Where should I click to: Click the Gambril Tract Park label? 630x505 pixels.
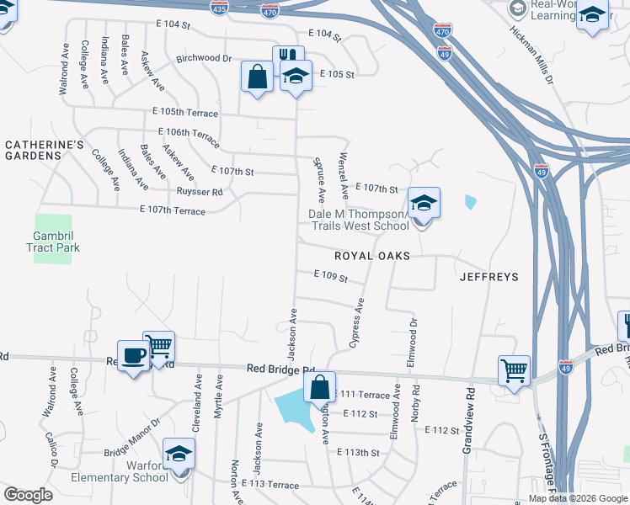[52, 242]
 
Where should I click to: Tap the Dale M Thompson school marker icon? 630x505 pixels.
[424, 202]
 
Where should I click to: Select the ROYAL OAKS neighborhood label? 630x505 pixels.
[371, 256]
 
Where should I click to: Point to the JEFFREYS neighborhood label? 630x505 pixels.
[489, 276]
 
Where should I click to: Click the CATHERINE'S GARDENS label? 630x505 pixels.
[45, 151]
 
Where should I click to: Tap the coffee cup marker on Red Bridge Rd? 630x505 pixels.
[132, 355]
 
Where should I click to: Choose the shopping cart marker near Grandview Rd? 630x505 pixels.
[514, 369]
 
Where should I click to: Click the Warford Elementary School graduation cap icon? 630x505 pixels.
[179, 454]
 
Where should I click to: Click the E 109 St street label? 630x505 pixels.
[330, 274]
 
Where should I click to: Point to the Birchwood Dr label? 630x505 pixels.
[203, 59]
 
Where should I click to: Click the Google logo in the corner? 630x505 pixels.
[28, 495]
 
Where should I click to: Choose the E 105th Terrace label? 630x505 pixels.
[185, 113]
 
